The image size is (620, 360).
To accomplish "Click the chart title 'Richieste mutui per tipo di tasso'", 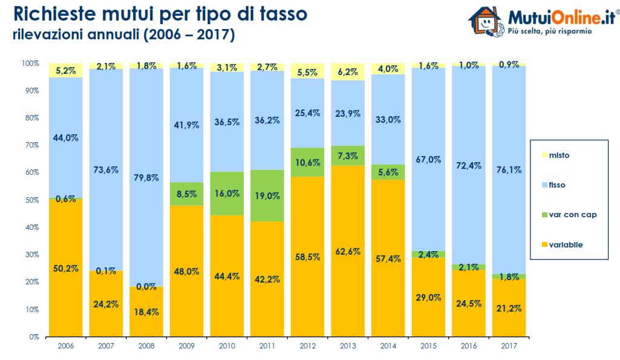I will (160, 14).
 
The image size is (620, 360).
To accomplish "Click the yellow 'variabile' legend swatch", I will (543, 244).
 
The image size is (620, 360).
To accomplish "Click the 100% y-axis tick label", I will (30, 63).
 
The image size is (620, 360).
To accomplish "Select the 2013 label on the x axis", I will (348, 345).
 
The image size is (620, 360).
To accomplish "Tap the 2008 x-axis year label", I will (146, 345).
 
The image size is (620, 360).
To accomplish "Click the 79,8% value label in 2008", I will (146, 178).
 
